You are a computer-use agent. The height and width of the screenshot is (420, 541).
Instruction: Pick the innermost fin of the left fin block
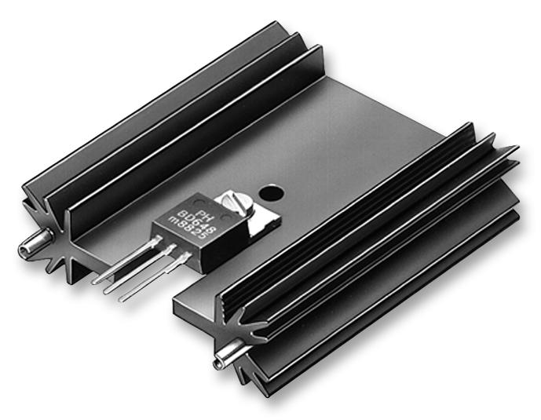(196, 149)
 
